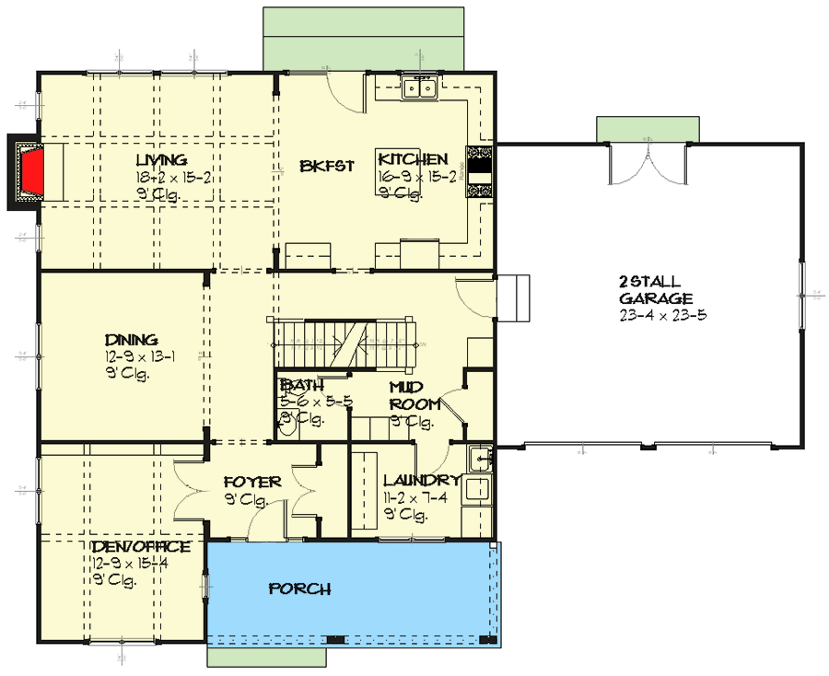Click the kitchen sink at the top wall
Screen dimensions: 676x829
pyautogui.click(x=420, y=88)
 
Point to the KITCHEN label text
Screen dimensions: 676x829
pyautogui.click(x=413, y=159)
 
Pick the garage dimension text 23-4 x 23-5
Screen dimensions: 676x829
pyautogui.click(x=662, y=315)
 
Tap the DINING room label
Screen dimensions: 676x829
pyautogui.click(x=131, y=340)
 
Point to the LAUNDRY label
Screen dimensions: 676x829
pyautogui.click(x=421, y=481)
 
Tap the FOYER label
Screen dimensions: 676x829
pyautogui.click(x=246, y=482)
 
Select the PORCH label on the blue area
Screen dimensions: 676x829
pyautogui.click(x=299, y=589)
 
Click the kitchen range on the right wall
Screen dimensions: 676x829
pyautogui.click(x=480, y=171)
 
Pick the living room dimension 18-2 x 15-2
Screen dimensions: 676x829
pyautogui.click(x=173, y=178)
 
